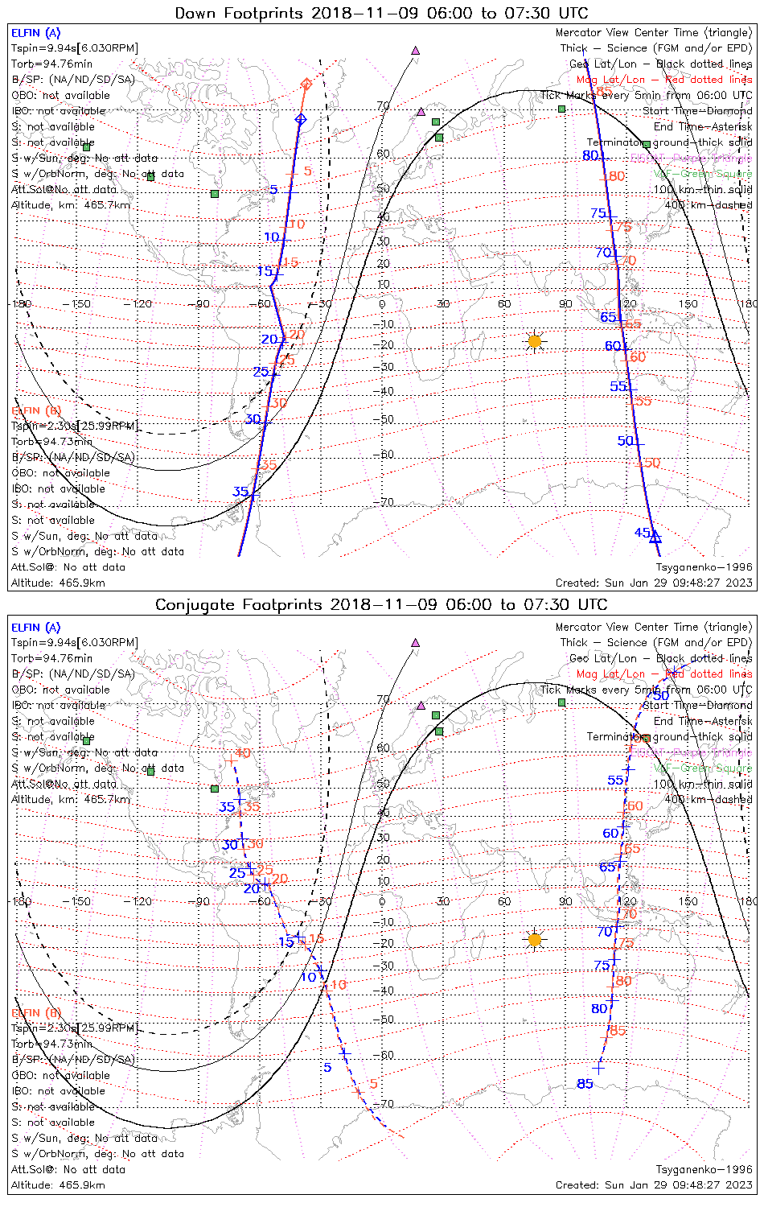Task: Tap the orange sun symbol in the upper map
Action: pyautogui.click(x=535, y=342)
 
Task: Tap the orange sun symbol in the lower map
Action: pyautogui.click(x=535, y=939)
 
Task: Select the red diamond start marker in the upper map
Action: pyautogui.click(x=306, y=84)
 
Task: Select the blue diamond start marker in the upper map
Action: pyautogui.click(x=301, y=119)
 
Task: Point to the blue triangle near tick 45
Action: pyautogui.click(x=655, y=536)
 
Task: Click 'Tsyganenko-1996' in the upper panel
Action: pyautogui.click(x=704, y=567)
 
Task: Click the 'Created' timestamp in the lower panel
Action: pyautogui.click(x=654, y=1184)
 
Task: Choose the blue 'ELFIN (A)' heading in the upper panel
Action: pyautogui.click(x=35, y=33)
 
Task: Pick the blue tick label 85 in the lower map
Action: pyautogui.click(x=585, y=1084)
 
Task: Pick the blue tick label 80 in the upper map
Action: pyautogui.click(x=591, y=155)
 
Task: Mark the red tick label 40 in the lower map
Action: pyautogui.click(x=243, y=753)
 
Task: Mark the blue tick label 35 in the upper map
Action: pyautogui.click(x=240, y=492)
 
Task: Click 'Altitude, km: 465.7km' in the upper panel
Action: pyautogui.click(x=71, y=205)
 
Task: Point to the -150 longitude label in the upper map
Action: pyautogui.click(x=80, y=303)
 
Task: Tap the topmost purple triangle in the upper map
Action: pyautogui.click(x=416, y=50)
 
